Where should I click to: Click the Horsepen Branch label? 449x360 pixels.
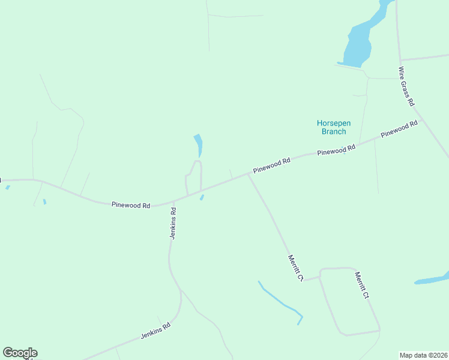tap(333, 127)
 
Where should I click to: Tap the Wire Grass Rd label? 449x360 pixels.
tap(406, 86)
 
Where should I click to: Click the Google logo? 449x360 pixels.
tap(20, 353)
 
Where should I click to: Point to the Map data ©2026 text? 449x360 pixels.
tap(423, 355)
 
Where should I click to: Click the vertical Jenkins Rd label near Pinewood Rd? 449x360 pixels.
tap(173, 224)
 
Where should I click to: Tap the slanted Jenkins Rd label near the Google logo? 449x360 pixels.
tap(156, 331)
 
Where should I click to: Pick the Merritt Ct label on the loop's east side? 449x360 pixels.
tap(361, 286)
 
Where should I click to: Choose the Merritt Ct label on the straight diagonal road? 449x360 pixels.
tap(295, 268)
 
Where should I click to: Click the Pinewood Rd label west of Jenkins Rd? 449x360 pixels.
tap(130, 205)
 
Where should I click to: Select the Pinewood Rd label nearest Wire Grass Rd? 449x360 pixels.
tap(399, 129)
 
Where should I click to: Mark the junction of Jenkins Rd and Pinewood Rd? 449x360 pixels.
tap(174, 201)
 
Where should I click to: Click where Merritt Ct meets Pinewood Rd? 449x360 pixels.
tap(248, 175)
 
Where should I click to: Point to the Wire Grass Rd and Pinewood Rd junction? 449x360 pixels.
tap(422, 119)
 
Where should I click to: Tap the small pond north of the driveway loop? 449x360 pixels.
tap(199, 144)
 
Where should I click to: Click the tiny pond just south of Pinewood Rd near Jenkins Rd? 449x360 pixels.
tap(202, 197)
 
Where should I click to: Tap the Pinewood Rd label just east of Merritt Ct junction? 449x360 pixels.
tap(271, 165)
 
